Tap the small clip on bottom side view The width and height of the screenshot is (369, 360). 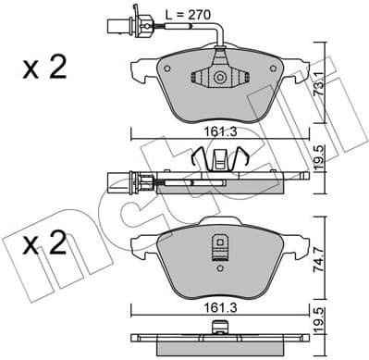coord(220,326)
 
